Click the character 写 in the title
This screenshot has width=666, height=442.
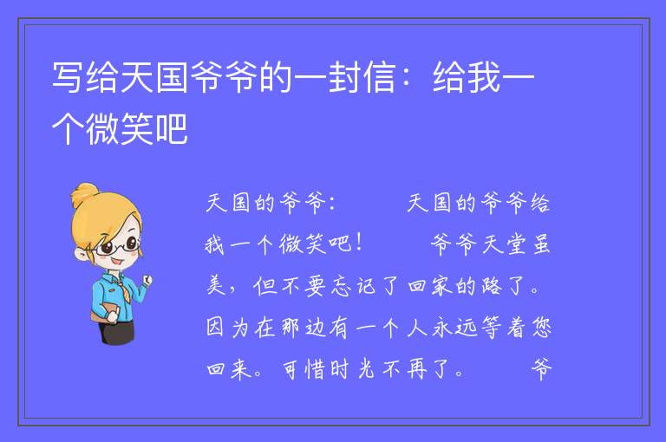[67, 77]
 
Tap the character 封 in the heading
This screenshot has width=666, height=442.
[344, 77]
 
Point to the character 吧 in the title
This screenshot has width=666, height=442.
[172, 128]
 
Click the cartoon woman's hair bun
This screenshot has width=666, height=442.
[84, 194]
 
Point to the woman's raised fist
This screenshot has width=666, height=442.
[147, 279]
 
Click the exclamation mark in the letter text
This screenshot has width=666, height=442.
[359, 244]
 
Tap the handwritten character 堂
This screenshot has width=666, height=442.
[516, 244]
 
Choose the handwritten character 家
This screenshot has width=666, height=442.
[441, 286]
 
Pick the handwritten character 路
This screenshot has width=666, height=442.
[492, 286]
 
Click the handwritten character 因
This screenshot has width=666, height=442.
[215, 328]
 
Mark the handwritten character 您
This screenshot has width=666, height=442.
[541, 328]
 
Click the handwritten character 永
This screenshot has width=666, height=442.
[441, 328]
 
